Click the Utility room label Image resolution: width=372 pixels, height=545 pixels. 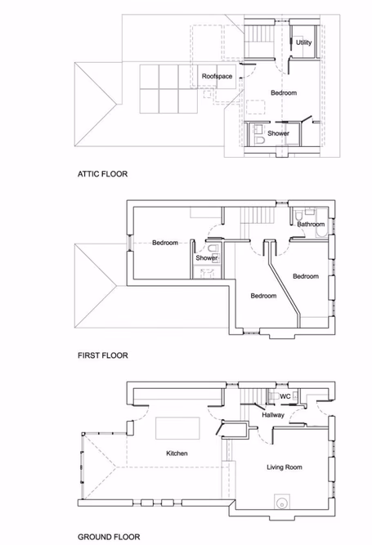[303, 42]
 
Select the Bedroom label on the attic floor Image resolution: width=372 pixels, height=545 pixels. [284, 93]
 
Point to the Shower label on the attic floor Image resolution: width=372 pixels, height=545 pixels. [280, 133]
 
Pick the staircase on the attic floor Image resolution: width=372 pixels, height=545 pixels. [261, 37]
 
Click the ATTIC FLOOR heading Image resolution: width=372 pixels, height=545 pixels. [102, 174]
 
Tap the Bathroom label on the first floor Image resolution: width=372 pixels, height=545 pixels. [311, 224]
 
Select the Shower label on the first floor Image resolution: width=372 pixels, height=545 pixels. [206, 258]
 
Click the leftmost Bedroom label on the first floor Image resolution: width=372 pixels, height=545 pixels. [164, 243]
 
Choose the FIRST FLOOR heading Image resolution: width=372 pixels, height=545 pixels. [102, 355]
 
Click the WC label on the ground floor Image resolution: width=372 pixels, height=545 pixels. [285, 397]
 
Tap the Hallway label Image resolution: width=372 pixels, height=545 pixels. [272, 415]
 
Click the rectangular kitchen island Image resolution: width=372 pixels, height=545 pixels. [177, 427]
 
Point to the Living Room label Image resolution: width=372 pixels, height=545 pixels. [284, 467]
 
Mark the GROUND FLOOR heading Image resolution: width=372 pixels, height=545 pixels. [106, 537]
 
